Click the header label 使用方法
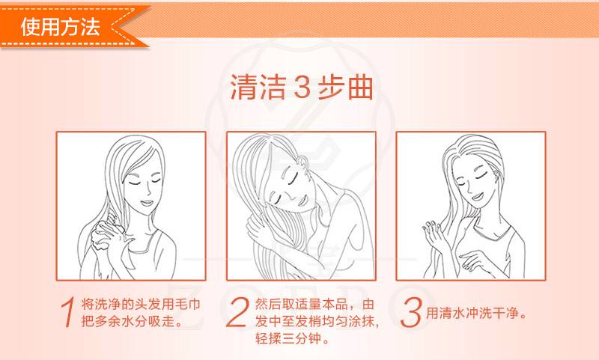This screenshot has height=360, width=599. [60, 27]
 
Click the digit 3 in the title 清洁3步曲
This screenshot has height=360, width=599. [302, 88]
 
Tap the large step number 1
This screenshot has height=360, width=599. [67, 312]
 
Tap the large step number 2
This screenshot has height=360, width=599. [237, 312]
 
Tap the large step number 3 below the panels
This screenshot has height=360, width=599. [410, 313]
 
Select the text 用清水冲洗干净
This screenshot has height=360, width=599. [472, 314]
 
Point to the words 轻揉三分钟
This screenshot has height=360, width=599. [288, 338]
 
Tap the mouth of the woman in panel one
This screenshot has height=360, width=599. [146, 202]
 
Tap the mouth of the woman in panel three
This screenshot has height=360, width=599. [477, 197]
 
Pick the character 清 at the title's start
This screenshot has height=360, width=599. [244, 88]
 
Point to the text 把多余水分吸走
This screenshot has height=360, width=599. [130, 321]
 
